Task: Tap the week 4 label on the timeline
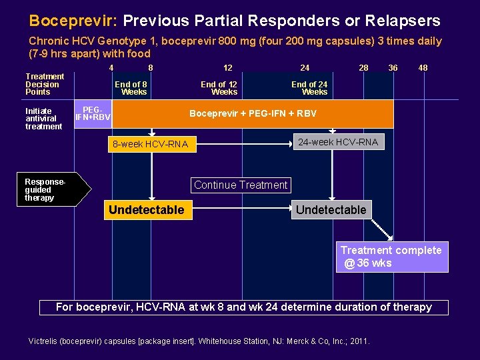pos(111,67)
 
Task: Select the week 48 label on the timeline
pos(423,67)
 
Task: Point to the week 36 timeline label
pos(393,67)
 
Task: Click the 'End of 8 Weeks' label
pos(131,88)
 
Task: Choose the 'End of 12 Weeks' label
pos(219,88)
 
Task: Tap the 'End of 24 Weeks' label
pos(309,88)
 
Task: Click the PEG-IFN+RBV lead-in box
pos(93,114)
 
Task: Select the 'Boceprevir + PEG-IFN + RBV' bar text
pos(253,113)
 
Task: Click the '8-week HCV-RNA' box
pos(151,144)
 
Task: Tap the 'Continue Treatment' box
pos(241,185)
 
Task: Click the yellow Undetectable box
pos(147,210)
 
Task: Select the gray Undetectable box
pos(331,210)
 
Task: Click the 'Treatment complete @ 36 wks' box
pos(391,257)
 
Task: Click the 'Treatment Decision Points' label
pos(45,84)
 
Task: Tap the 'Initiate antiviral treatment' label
pos(43,119)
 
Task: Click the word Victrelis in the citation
pos(45,341)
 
